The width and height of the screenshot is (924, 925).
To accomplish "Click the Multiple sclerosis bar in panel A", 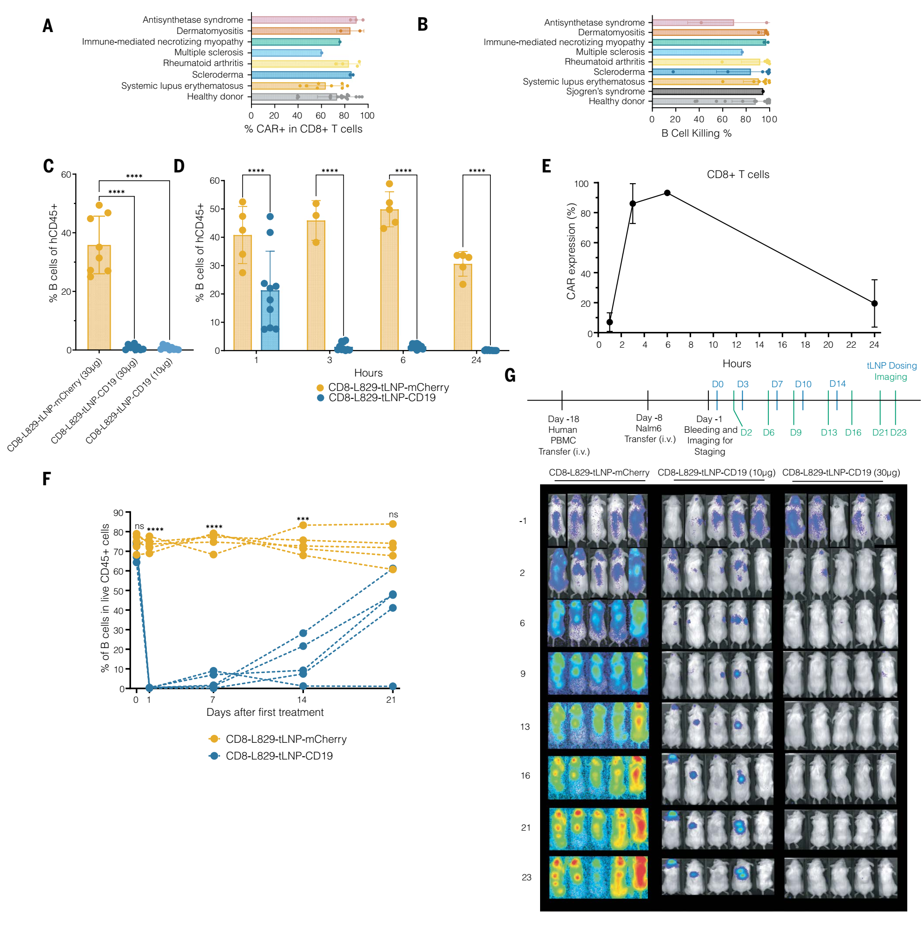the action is point(286,53).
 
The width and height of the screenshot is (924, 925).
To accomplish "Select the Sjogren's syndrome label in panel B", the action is point(605,92).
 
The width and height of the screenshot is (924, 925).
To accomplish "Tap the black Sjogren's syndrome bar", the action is point(707,92).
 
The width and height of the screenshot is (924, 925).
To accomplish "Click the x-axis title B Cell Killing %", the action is point(696,133).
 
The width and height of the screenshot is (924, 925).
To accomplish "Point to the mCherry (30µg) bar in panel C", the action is point(99,297).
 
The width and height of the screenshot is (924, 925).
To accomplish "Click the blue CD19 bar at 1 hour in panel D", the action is point(270,320).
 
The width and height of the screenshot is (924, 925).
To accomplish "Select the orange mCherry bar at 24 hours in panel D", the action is point(462,307).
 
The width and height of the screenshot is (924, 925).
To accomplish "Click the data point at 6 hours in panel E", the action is point(667,193).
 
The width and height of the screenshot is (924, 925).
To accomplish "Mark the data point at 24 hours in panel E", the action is point(874,303).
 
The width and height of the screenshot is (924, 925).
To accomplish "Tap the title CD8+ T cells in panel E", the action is point(738,174).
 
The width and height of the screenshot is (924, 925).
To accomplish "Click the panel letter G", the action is point(510,376).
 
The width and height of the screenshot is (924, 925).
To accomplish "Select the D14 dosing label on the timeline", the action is point(838,383).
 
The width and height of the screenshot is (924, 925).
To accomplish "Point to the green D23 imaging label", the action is point(898,432).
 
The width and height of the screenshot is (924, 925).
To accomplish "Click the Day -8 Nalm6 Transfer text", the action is point(649,429).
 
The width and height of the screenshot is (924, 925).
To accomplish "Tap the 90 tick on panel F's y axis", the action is point(118,513).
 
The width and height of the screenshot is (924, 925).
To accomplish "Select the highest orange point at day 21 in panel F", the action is point(393,524).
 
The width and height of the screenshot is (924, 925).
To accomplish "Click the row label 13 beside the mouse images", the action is point(525,727).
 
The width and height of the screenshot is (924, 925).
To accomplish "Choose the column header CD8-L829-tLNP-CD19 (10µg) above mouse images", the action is point(716,473).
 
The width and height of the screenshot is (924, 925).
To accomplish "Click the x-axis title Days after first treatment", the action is point(265,712).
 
